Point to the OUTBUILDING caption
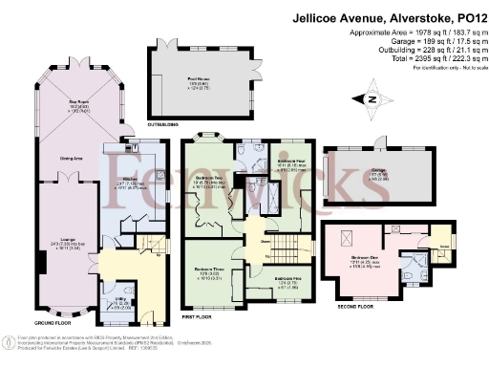162,123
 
